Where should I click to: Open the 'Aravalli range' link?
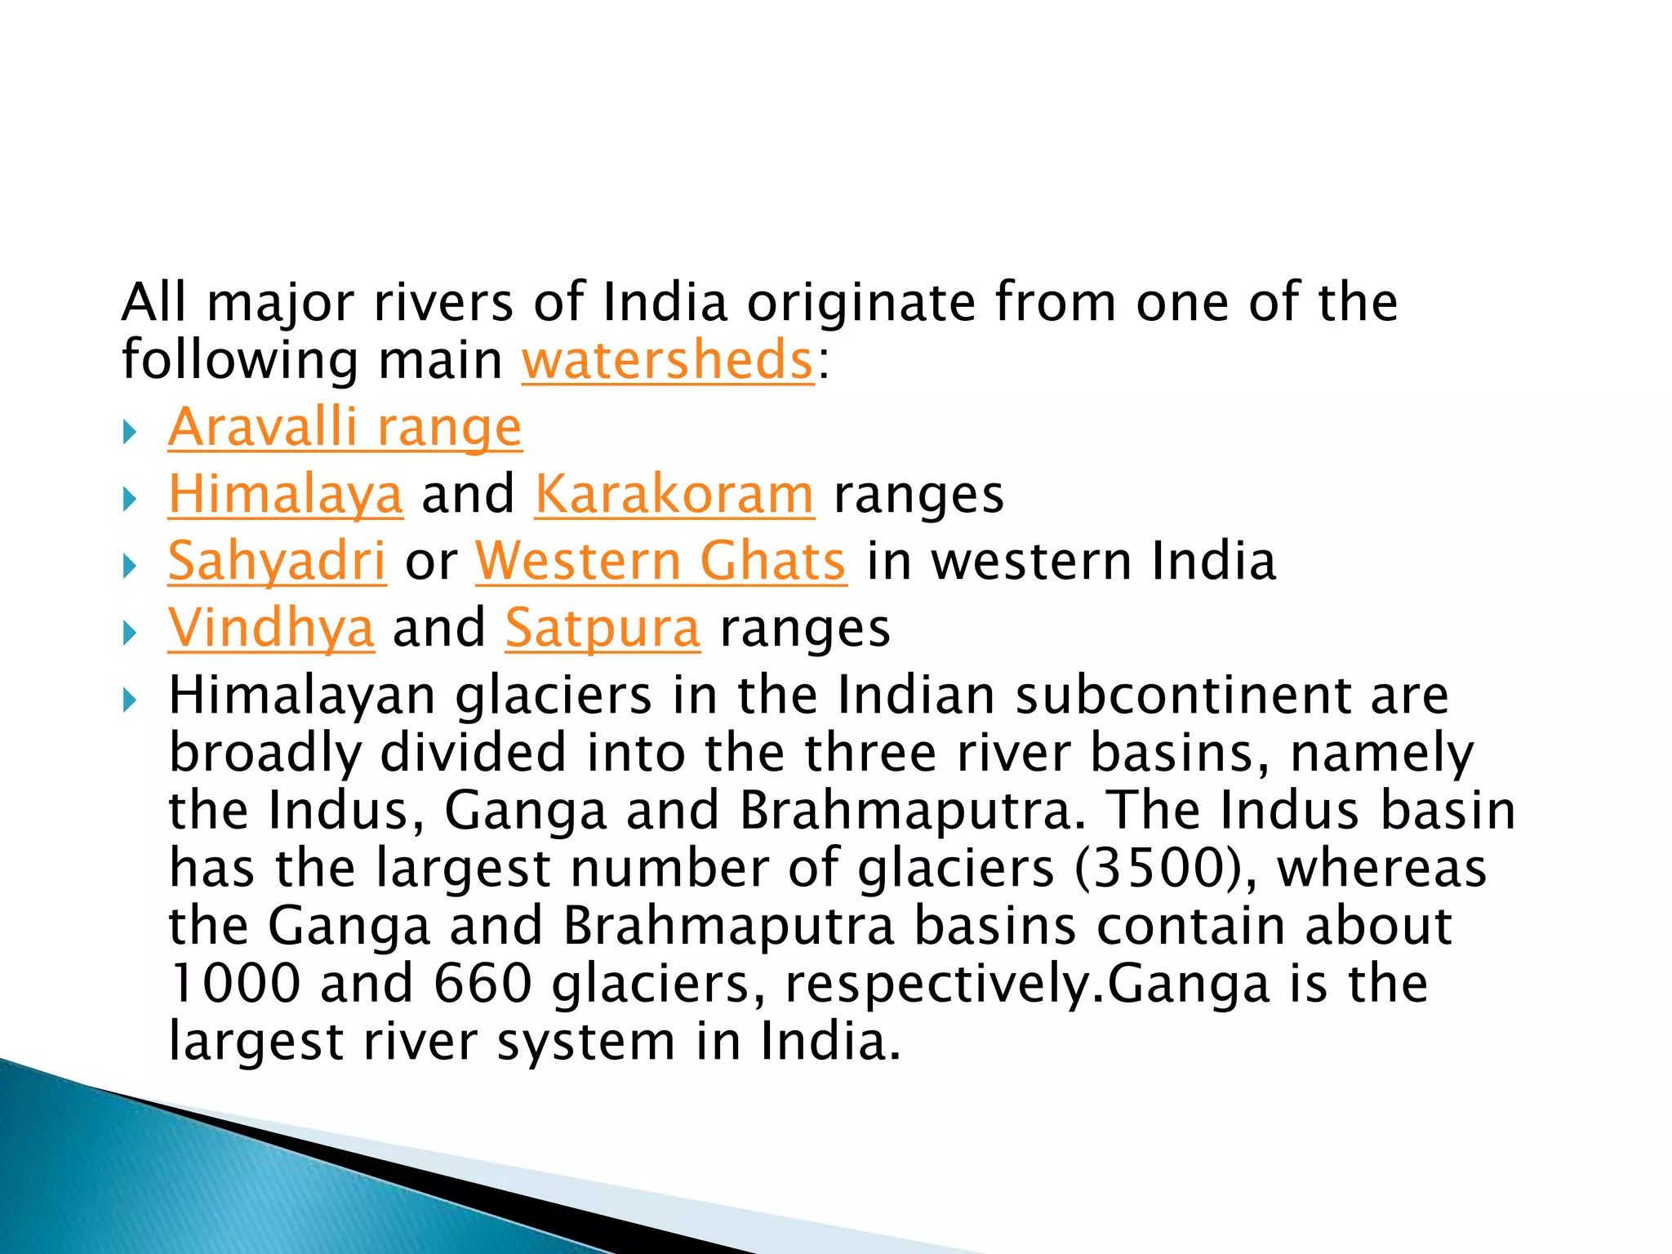tap(345, 427)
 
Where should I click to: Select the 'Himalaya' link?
tap(286, 494)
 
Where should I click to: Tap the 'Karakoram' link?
tap(674, 494)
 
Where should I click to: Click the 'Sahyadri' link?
tap(277, 561)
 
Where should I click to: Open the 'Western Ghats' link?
tap(661, 561)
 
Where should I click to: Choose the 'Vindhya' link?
tap(271, 628)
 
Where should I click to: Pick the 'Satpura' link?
tap(603, 628)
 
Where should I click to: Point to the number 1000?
tap(235, 983)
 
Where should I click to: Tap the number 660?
tap(482, 983)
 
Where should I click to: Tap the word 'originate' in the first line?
tap(860, 303)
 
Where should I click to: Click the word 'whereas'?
tap(1382, 868)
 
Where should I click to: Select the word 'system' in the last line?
tap(585, 1043)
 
